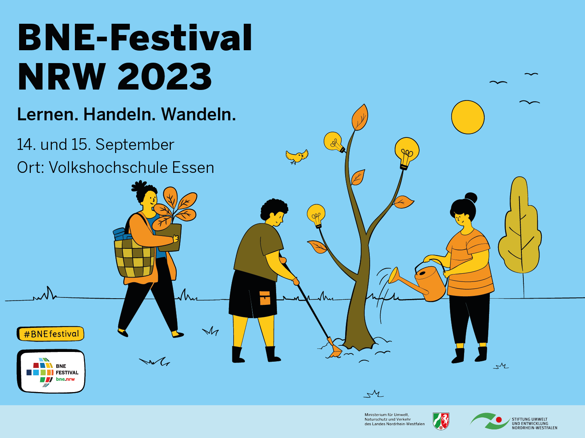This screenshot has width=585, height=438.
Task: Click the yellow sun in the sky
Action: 468,117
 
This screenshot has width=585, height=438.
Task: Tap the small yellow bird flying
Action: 297,157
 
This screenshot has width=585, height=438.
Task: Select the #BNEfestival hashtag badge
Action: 51,334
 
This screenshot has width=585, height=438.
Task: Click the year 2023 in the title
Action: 165,77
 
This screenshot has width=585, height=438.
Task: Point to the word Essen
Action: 193,167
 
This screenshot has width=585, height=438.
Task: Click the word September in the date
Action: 135,145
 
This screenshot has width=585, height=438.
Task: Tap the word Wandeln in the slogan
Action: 199,114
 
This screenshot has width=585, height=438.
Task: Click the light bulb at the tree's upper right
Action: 406,153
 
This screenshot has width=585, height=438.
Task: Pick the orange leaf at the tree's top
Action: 360,117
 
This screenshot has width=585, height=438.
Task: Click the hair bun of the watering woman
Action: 471,198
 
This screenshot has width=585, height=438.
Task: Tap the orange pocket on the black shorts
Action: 265,298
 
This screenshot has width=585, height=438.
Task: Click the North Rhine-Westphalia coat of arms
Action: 441,421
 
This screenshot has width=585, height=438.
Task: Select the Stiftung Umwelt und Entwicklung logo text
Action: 534,423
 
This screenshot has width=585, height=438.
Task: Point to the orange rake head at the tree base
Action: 335,348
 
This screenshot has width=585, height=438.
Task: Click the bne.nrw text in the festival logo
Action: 65,379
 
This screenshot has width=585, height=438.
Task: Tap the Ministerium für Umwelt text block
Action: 394,419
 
